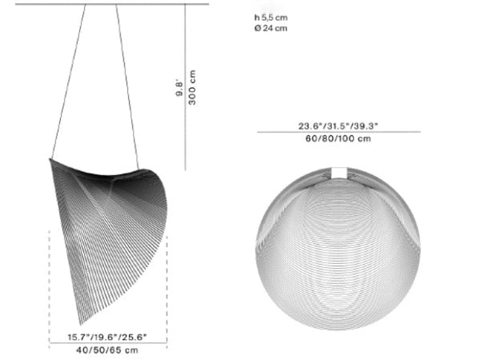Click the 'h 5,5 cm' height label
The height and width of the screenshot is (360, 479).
click(x=270, y=18)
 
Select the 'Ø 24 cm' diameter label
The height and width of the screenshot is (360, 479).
click(x=270, y=28)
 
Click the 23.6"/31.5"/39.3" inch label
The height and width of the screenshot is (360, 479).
click(x=338, y=126)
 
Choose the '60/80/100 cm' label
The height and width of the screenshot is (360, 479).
click(x=338, y=138)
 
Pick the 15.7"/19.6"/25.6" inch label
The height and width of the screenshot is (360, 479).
click(x=108, y=337)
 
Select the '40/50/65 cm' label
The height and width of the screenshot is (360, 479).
click(x=108, y=350)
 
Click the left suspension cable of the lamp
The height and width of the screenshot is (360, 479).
click(x=68, y=82)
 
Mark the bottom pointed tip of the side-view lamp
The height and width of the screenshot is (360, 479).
click(x=81, y=324)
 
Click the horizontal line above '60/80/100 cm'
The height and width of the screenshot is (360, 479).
click(x=338, y=132)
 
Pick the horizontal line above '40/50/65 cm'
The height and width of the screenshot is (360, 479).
click(x=108, y=343)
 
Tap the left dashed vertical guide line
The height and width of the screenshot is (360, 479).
click(x=49, y=285)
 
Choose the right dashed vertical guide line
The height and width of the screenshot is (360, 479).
click(x=167, y=285)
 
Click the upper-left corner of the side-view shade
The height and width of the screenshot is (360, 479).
click(x=50, y=159)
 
